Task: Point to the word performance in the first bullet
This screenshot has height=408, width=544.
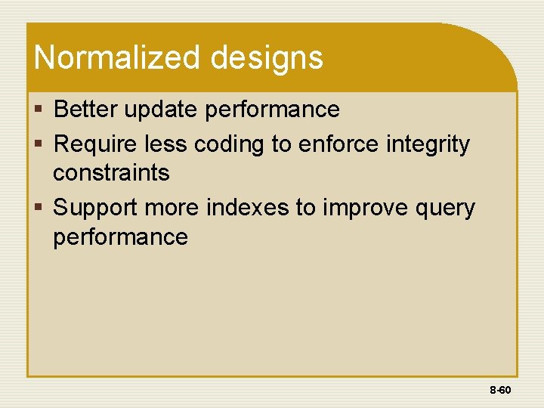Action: pos(273,110)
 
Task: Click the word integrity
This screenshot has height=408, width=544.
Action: pos(428,144)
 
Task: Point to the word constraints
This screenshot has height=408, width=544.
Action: pos(111,173)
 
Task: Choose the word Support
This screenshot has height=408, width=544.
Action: pos(95,208)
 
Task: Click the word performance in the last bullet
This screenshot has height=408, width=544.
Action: pos(120,237)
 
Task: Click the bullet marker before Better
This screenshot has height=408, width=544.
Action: pos(39,110)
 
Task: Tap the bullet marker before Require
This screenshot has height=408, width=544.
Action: pos(39,144)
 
